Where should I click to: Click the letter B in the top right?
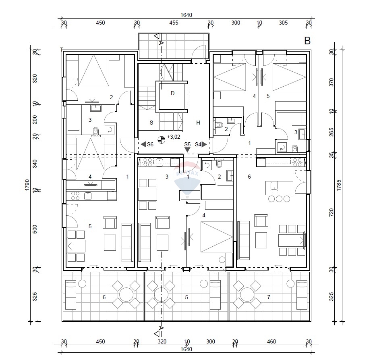click(x=307, y=40)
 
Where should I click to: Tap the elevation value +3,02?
click(x=173, y=137)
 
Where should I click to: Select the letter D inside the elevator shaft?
click(x=172, y=94)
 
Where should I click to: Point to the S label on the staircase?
click(x=151, y=123)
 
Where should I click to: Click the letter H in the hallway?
click(x=198, y=123)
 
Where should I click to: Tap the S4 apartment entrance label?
click(x=198, y=144)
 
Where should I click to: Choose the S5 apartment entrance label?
click(x=187, y=144)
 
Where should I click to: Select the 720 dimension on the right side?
click(x=331, y=212)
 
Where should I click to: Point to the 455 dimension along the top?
click(x=174, y=23)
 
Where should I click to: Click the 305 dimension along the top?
click(x=283, y=23)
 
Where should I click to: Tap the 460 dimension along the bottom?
click(x=271, y=341)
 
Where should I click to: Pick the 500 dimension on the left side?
click(x=35, y=229)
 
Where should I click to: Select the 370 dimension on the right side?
click(x=331, y=82)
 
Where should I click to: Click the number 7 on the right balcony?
click(x=269, y=297)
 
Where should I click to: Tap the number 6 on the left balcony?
click(x=104, y=297)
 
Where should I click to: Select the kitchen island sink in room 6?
click(x=274, y=186)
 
